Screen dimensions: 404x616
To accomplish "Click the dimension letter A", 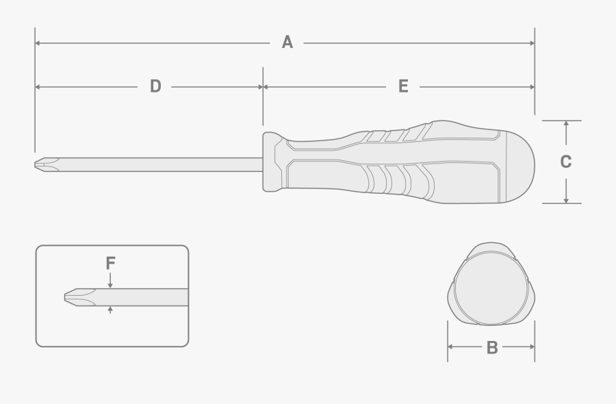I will [x=287, y=42].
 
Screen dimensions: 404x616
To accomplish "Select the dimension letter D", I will [x=155, y=86].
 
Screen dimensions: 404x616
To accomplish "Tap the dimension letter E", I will [x=403, y=86].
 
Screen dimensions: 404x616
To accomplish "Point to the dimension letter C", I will [x=565, y=162].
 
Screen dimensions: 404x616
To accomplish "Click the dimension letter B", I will [x=491, y=347].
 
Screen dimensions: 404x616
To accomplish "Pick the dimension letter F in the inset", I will [x=110, y=263].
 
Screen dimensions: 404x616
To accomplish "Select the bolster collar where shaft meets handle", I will [x=272, y=162].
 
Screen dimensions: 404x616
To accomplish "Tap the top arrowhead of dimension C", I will [x=566, y=125].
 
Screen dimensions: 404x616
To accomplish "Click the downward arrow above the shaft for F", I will [x=110, y=284].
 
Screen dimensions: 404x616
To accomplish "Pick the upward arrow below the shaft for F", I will [x=110, y=310].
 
